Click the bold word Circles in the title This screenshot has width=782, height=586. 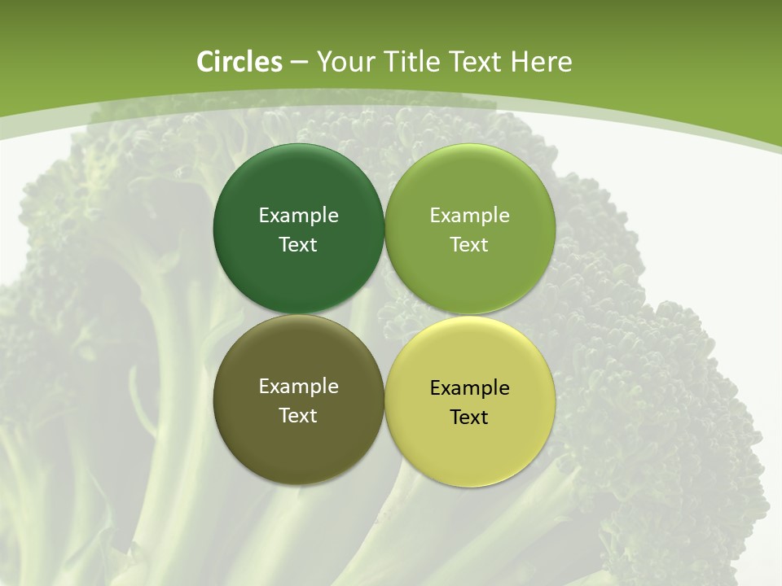tap(239, 62)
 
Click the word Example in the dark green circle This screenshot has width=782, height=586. tap(298, 216)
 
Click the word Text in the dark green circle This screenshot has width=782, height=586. tap(298, 245)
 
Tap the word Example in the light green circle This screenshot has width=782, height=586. tap(469, 216)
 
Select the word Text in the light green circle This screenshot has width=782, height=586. tap(469, 245)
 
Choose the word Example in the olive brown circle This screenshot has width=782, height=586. tap(298, 387)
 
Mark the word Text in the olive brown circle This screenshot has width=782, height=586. tap(298, 416)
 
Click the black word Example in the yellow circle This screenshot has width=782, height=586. tap(469, 388)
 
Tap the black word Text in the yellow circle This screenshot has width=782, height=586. tap(469, 418)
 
